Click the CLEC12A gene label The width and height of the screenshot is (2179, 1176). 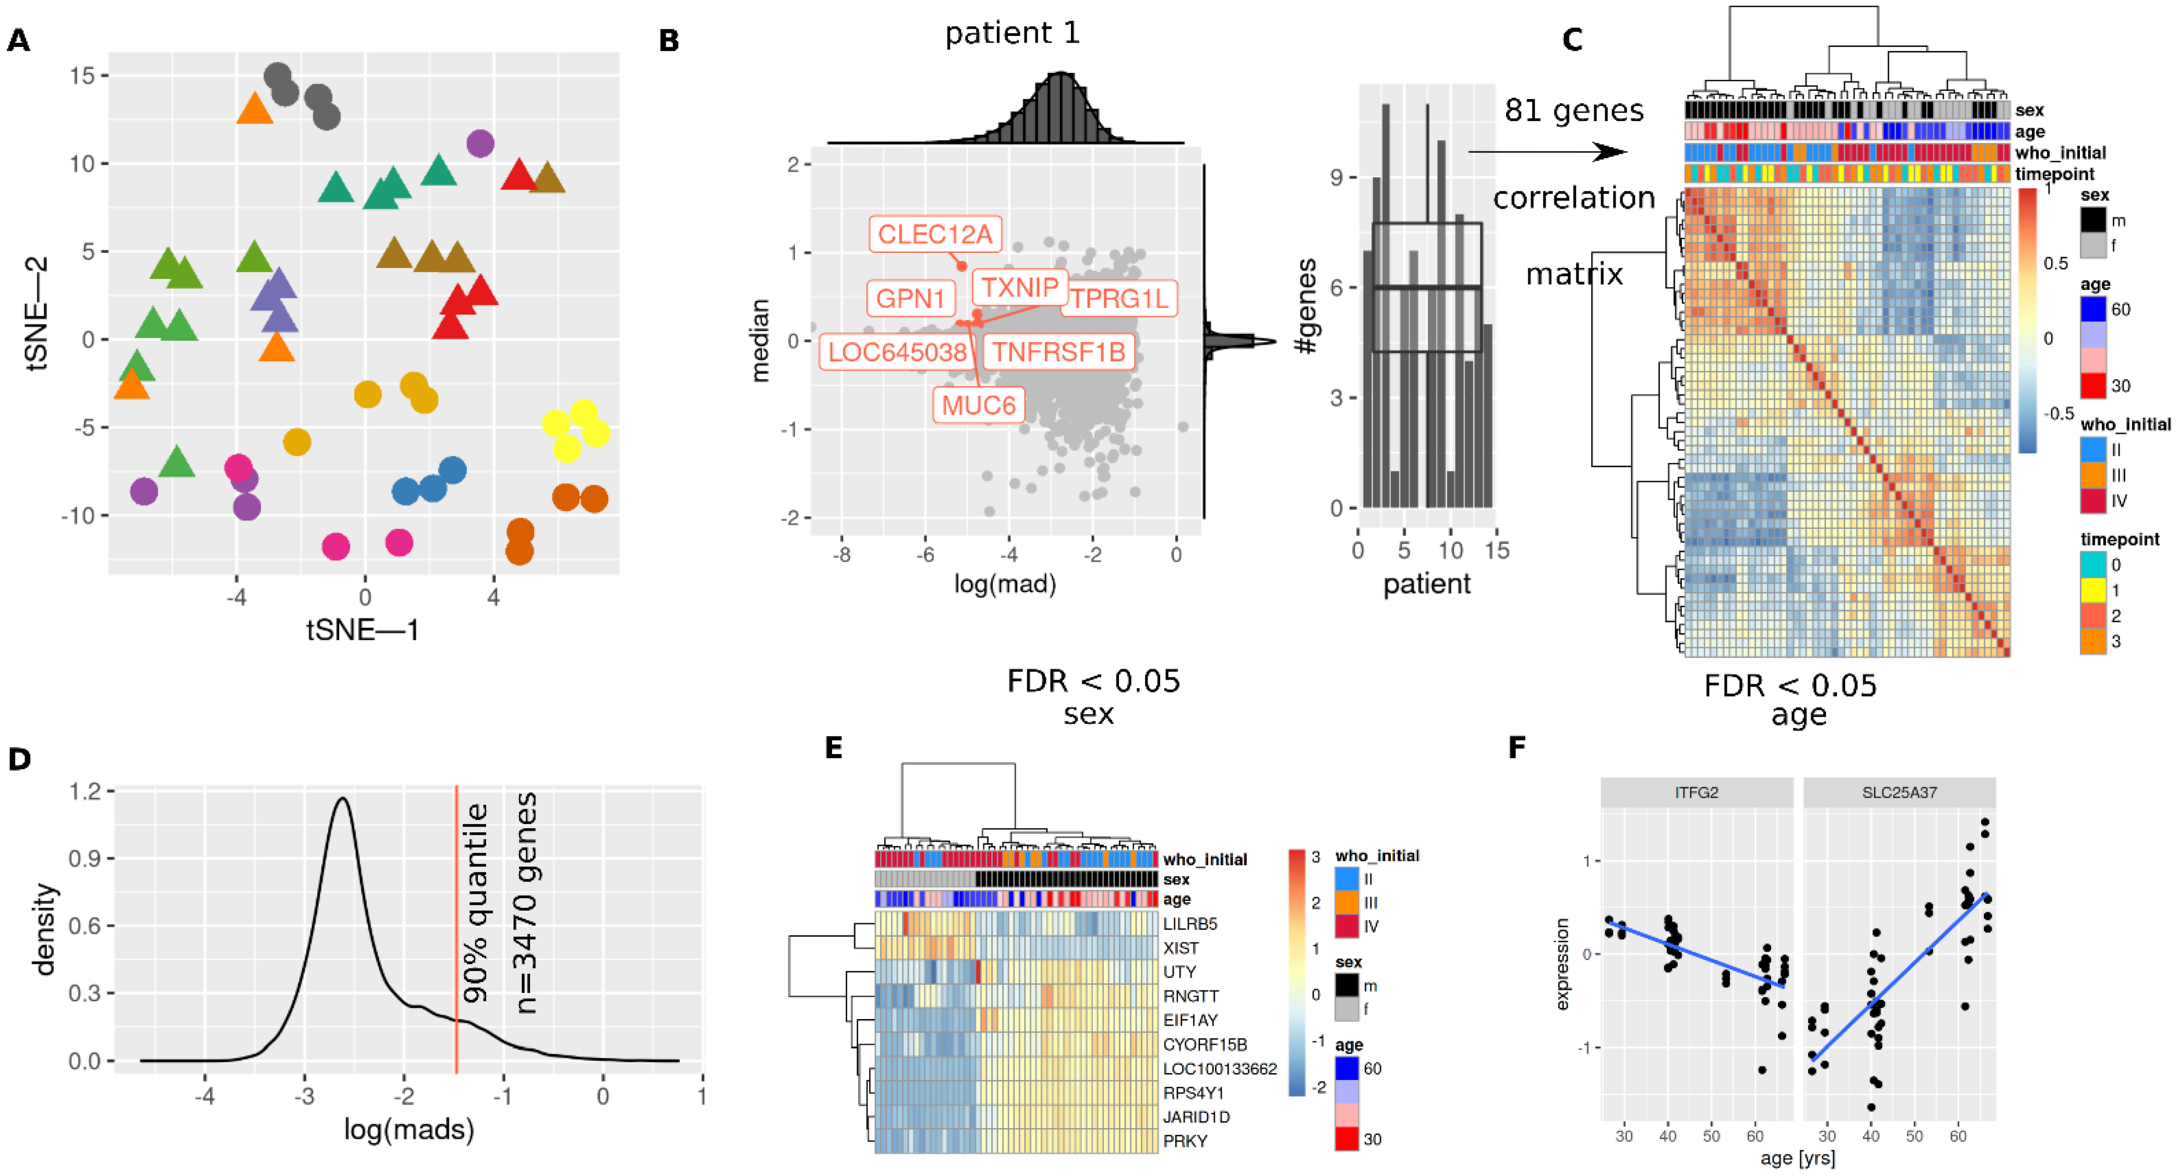pyautogui.click(x=935, y=234)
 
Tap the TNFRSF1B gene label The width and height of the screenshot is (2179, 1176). pyautogui.click(x=1058, y=351)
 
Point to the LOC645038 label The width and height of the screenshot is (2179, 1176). pyautogui.click(x=897, y=351)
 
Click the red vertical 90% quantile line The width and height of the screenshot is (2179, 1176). pyautogui.click(x=457, y=930)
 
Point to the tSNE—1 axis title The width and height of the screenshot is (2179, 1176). pyautogui.click(x=363, y=630)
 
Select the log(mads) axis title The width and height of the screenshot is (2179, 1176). pyautogui.click(x=408, y=1130)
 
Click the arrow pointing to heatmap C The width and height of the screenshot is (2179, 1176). pyautogui.click(x=1548, y=152)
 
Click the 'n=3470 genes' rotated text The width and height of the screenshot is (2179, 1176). pyautogui.click(x=526, y=902)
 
